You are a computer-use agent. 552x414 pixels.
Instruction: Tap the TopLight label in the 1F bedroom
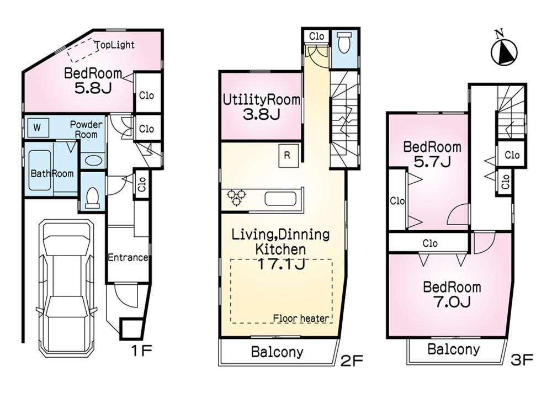(115, 45)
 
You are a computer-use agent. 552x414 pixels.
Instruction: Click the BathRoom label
(52, 173)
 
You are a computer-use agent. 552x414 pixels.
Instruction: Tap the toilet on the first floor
(93, 196)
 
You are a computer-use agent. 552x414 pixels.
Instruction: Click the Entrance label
(128, 258)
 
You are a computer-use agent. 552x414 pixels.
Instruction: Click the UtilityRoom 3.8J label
(261, 107)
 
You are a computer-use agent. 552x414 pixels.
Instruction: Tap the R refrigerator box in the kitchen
(287, 155)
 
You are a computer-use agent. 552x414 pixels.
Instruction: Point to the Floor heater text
(301, 319)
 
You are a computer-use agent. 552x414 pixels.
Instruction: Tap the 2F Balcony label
(277, 352)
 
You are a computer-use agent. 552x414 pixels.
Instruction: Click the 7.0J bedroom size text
(452, 302)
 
